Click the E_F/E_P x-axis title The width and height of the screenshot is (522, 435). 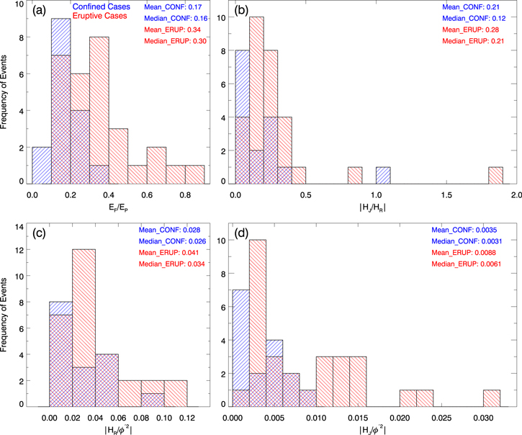tap(118, 210)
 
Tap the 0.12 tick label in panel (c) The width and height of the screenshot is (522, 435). tap(186, 417)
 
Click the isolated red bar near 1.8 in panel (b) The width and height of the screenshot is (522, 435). tap(495, 175)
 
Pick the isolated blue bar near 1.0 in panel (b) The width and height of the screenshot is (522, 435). tap(383, 175)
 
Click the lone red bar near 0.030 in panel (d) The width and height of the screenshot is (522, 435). tap(492, 397)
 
